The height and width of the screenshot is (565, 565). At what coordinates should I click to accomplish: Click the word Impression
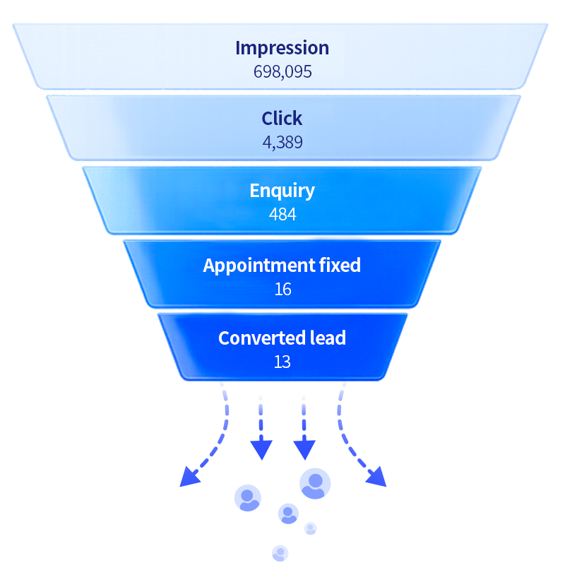(x=282, y=49)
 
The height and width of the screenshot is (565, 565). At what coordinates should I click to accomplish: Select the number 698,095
(x=282, y=72)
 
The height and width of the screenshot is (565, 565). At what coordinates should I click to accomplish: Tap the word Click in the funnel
(x=282, y=118)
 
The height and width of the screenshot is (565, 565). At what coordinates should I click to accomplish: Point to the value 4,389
(x=282, y=143)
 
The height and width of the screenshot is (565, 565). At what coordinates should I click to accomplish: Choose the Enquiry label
(x=282, y=191)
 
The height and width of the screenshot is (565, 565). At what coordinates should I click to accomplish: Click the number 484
(x=282, y=215)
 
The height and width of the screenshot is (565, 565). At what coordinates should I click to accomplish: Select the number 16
(x=283, y=289)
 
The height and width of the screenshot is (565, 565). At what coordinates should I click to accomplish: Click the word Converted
(x=258, y=338)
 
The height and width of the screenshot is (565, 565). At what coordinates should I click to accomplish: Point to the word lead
(x=323, y=338)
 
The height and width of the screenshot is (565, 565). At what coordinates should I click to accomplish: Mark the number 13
(x=282, y=362)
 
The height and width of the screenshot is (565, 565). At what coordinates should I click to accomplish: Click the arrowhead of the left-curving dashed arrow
(x=189, y=476)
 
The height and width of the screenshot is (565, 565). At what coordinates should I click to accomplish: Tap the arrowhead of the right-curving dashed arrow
(x=376, y=476)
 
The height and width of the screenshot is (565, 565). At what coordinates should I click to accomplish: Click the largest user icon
(x=315, y=484)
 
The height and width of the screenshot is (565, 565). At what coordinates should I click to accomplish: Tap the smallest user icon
(x=310, y=528)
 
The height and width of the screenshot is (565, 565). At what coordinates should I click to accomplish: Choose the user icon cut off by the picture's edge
(x=280, y=554)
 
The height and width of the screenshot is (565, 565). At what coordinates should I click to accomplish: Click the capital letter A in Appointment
(x=209, y=266)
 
